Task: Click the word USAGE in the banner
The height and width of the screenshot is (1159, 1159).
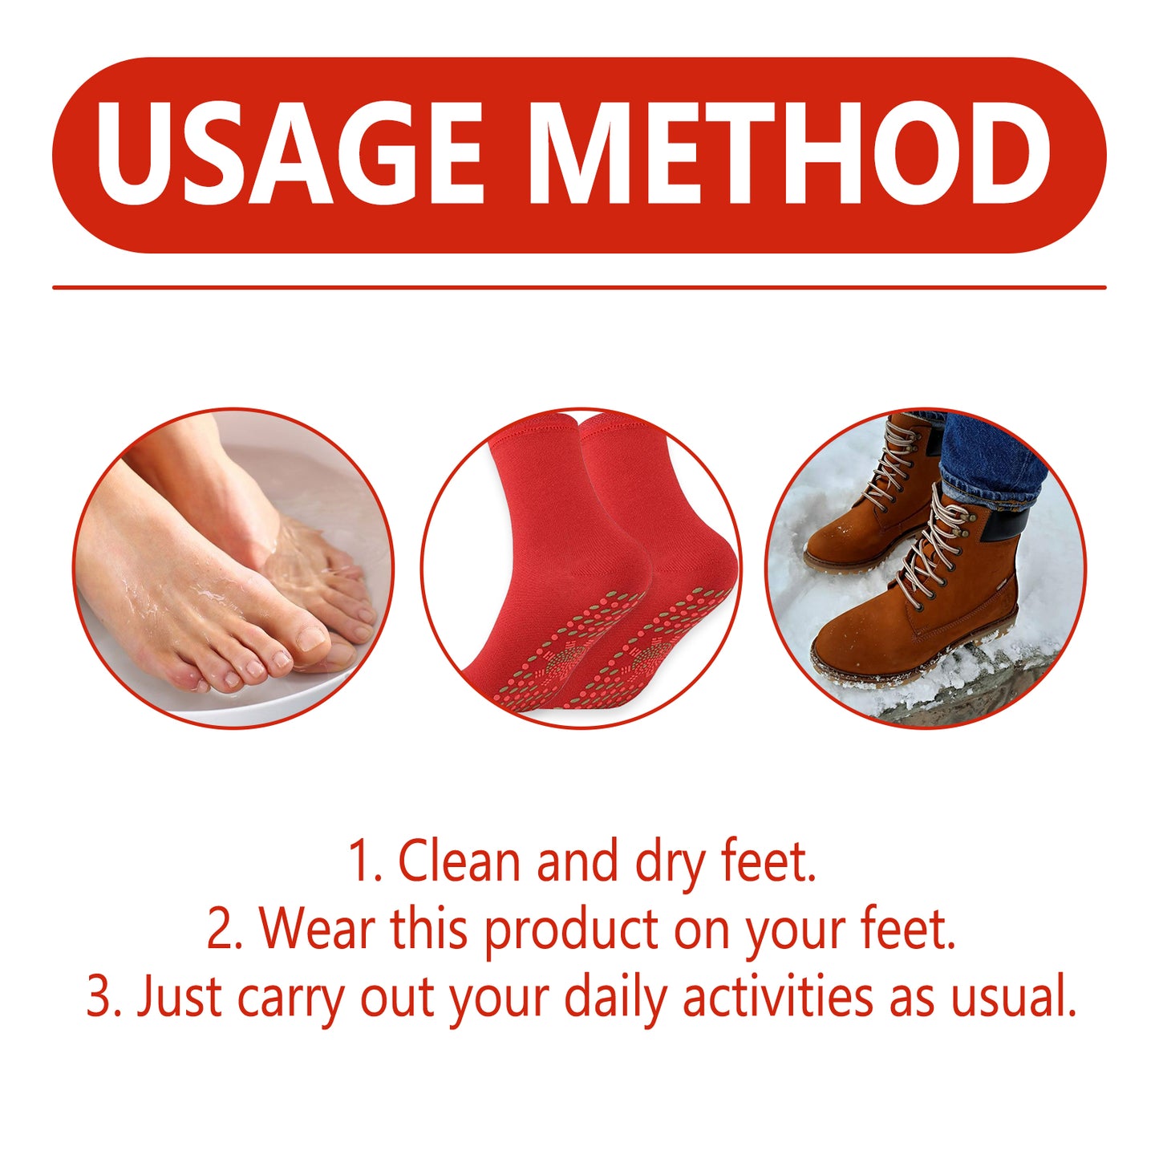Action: [289, 154]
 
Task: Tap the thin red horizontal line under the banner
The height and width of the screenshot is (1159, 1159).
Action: [579, 287]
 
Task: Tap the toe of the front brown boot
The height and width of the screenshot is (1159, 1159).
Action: [850, 650]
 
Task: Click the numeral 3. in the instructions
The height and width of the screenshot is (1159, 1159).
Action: [103, 997]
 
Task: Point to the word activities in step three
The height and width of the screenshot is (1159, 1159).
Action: [777, 997]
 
